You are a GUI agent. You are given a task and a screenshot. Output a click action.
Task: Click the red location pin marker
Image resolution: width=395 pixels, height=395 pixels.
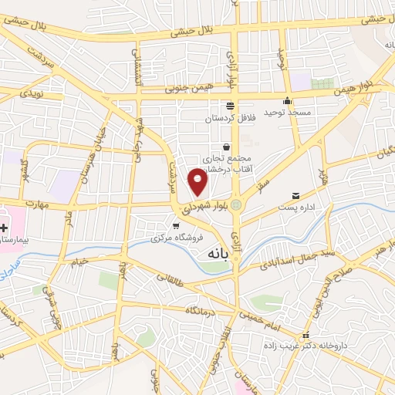click(199, 180)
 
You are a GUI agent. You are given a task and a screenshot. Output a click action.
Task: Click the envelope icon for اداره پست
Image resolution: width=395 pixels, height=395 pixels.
click(295, 196)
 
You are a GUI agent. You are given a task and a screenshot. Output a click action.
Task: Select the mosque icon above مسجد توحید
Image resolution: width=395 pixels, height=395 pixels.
click(287, 100)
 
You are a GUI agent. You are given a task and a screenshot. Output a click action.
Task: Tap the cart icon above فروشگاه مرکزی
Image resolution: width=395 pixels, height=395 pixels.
click(176, 226)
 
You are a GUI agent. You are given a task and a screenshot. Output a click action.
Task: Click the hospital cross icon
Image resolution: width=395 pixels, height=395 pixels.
click(5, 228)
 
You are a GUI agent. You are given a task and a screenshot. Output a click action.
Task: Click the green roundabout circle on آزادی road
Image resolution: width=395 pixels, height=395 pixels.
click(236, 204)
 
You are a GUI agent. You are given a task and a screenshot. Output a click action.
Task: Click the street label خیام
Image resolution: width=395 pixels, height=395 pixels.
click(82, 261)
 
